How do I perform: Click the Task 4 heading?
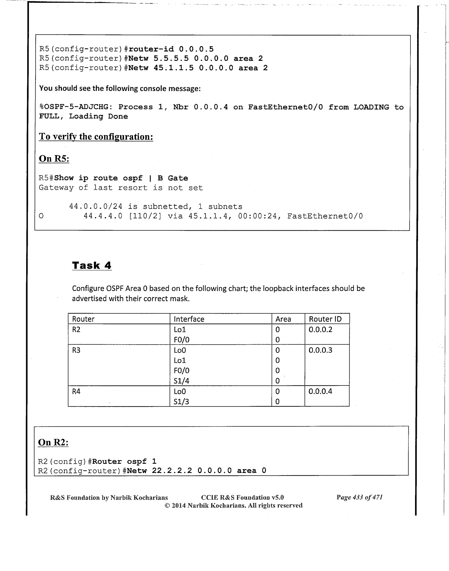(92, 265)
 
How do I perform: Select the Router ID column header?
(325, 319)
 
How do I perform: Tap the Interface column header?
(189, 319)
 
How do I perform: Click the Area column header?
(283, 319)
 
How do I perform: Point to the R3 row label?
(76, 350)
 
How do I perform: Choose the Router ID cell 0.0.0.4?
(320, 391)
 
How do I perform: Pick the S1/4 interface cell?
(181, 381)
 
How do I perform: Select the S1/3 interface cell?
(181, 401)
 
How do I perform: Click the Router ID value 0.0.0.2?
(320, 329)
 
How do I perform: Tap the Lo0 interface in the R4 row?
(180, 391)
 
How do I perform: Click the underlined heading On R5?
(54, 159)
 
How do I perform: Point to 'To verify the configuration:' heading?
(96, 137)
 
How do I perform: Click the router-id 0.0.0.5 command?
(171, 49)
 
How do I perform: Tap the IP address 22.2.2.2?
(172, 470)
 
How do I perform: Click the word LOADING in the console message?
(371, 107)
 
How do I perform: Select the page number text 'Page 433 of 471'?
(359, 497)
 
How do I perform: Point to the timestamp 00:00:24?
(257, 216)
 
